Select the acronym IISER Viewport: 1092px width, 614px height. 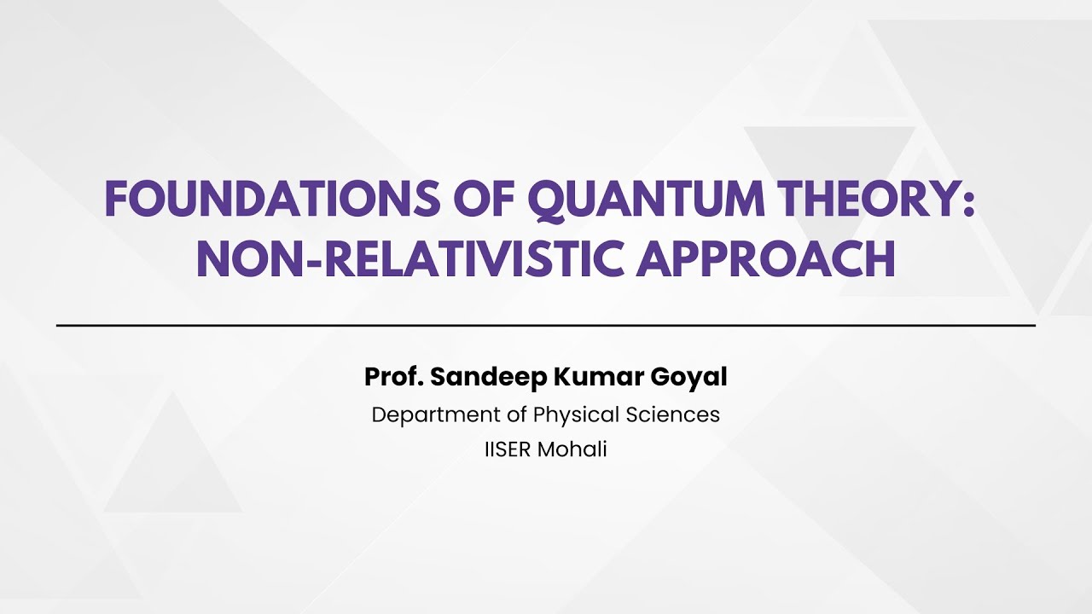(508, 450)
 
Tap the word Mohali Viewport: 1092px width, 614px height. (572, 450)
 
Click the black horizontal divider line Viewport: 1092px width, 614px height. (546, 326)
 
